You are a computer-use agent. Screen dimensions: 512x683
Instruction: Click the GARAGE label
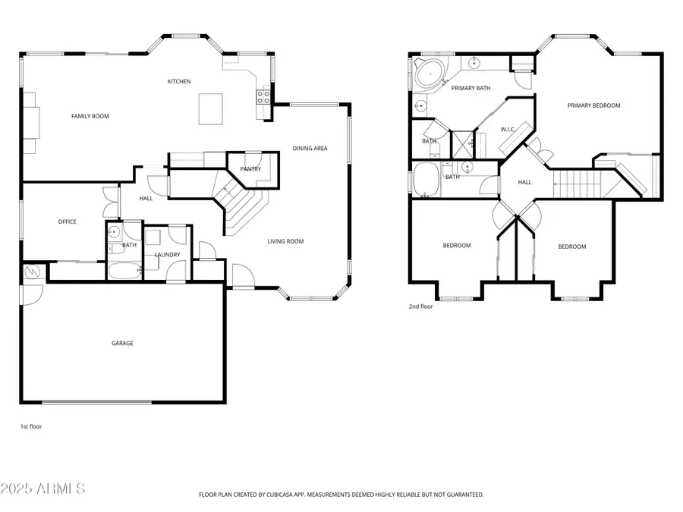pos(122,343)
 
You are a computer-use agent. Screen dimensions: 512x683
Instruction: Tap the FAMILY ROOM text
pos(90,116)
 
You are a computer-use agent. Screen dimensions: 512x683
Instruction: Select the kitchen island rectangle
pos(211,108)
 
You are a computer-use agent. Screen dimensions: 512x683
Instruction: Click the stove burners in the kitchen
pos(263,96)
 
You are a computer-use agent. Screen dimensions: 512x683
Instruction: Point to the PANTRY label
pos(250,169)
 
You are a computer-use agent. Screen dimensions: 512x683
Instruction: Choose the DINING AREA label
pos(310,148)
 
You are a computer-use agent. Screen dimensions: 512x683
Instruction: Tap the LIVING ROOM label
pos(285,241)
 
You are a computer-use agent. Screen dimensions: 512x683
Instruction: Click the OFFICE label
pos(68,221)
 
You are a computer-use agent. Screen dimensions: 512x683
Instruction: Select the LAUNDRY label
pos(167,254)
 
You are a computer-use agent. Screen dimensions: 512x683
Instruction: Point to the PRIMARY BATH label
pos(471,88)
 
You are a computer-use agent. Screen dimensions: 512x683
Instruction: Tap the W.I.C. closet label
pos(508,129)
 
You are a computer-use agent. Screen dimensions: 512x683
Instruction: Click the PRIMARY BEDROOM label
pos(593,105)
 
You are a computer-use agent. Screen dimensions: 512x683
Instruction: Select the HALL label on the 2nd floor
pos(524,182)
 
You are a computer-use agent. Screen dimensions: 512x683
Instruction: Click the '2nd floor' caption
pos(420,306)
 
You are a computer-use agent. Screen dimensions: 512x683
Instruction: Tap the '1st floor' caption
pos(31,426)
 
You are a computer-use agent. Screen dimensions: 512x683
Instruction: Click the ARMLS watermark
pos(43,488)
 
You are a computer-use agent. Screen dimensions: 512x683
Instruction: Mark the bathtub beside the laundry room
pos(123,270)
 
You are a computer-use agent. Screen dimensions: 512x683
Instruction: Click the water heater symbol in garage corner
pos(33,272)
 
